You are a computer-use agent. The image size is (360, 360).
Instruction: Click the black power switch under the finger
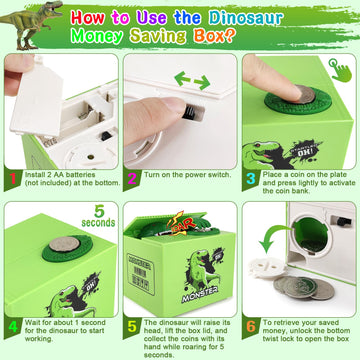pos(176,110)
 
